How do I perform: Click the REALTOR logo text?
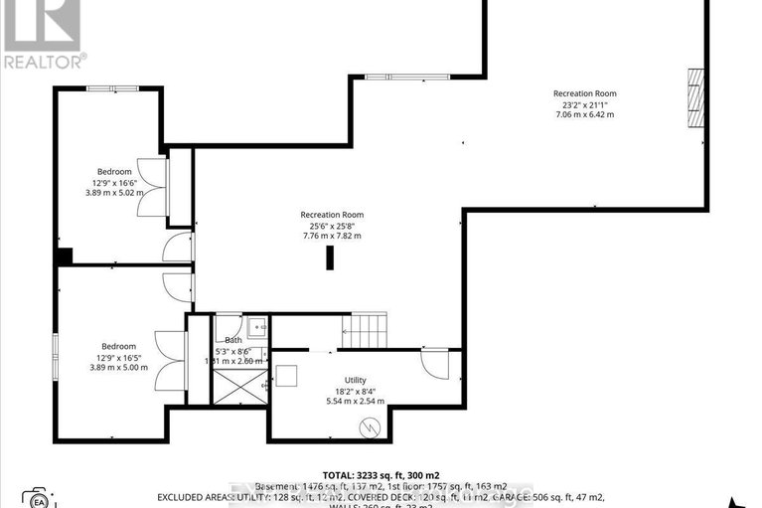(x=43, y=61)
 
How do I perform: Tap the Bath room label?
(x=233, y=340)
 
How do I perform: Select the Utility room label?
(x=356, y=380)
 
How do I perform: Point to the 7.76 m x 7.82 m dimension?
(x=332, y=236)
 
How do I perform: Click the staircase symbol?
(x=363, y=329)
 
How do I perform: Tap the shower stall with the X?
(x=240, y=383)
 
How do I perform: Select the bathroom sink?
(x=256, y=325)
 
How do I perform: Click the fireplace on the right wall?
(x=697, y=98)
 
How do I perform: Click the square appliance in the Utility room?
(x=289, y=376)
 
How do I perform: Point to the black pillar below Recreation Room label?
(x=331, y=257)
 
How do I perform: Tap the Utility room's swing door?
(x=434, y=363)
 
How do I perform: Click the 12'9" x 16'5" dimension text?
(x=118, y=357)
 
